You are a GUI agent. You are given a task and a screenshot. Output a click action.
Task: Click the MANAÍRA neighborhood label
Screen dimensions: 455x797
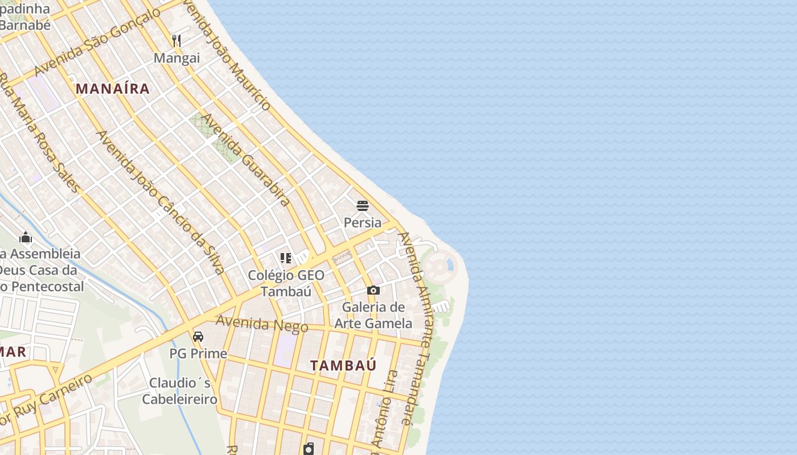[113, 89]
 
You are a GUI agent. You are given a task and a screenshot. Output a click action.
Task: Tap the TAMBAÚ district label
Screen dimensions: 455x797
[343, 365]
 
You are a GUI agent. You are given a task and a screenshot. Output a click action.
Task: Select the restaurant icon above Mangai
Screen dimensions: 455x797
[176, 41]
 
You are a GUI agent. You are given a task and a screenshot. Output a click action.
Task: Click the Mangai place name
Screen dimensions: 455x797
[177, 58]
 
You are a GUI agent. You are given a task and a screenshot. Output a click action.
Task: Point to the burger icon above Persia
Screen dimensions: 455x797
[363, 206]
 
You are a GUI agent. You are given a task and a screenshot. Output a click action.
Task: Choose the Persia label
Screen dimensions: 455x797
[363, 222]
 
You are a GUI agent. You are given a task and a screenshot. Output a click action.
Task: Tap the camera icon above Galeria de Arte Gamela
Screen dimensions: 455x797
[373, 291]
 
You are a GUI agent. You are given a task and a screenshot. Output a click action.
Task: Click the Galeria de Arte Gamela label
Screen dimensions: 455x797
[373, 315]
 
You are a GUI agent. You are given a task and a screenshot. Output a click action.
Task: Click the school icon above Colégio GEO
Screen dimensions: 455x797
[286, 259]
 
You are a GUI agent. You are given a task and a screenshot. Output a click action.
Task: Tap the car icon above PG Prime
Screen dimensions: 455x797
[198, 337]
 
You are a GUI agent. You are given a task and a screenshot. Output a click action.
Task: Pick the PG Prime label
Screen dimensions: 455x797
[198, 354]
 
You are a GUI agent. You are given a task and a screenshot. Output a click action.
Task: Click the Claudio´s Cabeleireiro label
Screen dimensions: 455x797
[180, 391]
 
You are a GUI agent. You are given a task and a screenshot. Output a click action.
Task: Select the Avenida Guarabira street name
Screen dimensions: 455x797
[247, 160]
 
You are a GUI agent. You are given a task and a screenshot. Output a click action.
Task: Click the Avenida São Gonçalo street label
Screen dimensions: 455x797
[97, 43]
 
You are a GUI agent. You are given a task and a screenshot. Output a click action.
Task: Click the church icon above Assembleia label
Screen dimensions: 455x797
[26, 237]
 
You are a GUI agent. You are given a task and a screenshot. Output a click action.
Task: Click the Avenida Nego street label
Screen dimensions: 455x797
[262, 324]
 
